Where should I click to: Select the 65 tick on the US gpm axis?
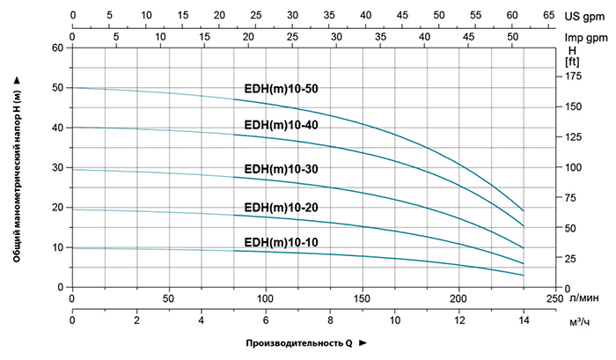[547, 15]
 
